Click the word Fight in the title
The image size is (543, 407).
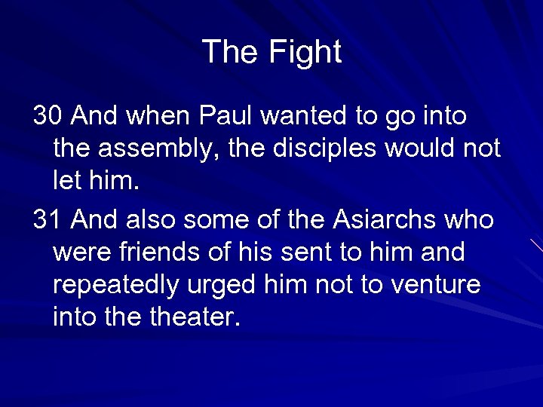coord(305,52)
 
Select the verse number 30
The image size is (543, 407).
coord(48,116)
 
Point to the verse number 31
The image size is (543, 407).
coord(48,220)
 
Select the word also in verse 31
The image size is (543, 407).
coord(146,220)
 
